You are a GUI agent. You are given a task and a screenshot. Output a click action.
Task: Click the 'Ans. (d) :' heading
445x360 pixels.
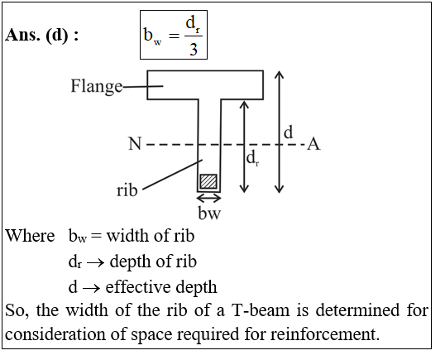[x=41, y=36]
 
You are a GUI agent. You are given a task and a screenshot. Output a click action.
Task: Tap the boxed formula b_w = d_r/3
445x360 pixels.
[x=174, y=35]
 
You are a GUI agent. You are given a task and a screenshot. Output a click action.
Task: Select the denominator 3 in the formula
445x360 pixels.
[x=194, y=49]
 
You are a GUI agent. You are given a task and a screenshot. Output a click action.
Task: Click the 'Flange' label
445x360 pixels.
[x=97, y=86]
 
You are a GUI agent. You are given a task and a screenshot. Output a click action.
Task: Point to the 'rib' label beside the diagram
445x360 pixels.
[x=127, y=190]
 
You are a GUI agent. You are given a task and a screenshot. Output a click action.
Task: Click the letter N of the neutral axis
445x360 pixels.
[x=135, y=144]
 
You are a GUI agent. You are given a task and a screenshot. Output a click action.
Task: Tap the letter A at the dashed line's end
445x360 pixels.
[x=313, y=144]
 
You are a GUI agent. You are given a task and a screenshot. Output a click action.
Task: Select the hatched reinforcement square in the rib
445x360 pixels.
[x=208, y=181]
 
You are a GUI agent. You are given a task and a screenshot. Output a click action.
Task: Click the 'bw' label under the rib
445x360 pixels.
[x=209, y=213]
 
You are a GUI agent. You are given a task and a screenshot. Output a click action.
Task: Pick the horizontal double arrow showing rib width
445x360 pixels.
[x=209, y=198]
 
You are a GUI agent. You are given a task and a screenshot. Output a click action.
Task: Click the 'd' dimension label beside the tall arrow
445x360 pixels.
[x=288, y=132]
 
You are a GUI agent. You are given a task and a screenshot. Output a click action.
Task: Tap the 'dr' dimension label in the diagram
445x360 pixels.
[x=252, y=158]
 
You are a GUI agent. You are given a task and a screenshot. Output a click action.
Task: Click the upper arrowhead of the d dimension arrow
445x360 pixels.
[x=280, y=74]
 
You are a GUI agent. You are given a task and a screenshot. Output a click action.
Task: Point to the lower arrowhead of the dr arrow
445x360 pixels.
[x=244, y=189]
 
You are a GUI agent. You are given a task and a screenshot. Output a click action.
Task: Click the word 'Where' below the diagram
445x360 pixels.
[x=30, y=236]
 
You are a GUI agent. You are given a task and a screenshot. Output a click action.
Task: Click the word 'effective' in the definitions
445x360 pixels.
[x=137, y=286]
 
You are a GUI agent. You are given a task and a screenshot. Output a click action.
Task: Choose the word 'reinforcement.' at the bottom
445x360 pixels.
[x=325, y=334]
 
